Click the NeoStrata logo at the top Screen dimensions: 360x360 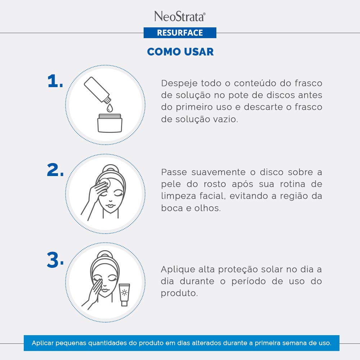pos(180,17)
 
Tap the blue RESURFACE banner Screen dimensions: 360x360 pos(180,33)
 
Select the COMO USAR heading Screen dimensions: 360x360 pos(180,51)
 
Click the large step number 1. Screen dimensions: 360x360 pos(55,81)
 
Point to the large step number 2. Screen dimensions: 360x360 pos(55,170)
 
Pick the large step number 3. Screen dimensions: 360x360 pos(55,260)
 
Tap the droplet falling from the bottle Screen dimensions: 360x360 pos(110,108)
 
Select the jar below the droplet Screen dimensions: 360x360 pos(110,123)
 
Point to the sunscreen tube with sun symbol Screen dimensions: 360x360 pos(124,295)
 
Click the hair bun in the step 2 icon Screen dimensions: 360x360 pos(111,168)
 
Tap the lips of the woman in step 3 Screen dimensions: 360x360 pos(105,290)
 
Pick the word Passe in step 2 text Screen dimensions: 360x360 pos(174,172)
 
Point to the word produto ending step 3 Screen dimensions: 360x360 pos(179,293)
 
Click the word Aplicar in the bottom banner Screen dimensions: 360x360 pos(43,343)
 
